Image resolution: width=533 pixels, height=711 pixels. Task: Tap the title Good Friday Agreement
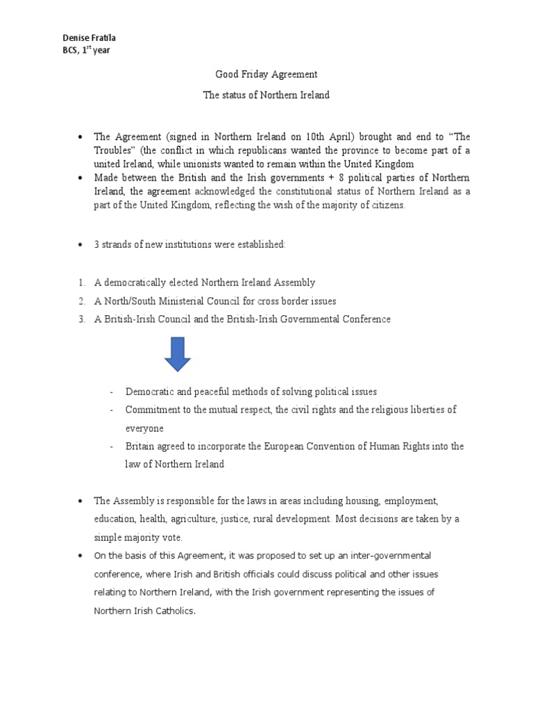(x=266, y=74)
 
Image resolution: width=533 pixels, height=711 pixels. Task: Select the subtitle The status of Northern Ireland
(x=266, y=95)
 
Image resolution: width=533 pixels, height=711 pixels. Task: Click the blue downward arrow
(x=178, y=354)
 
